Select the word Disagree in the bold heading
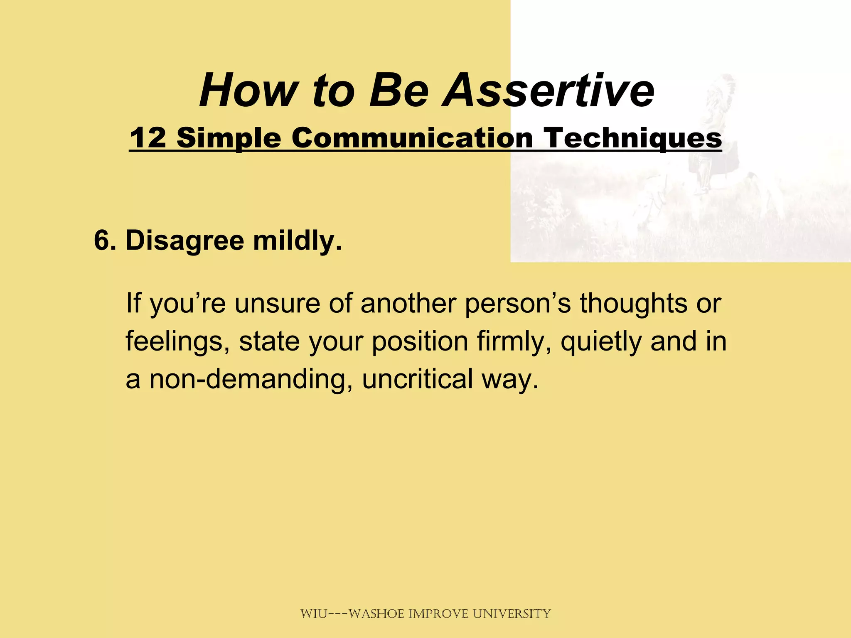[x=184, y=241]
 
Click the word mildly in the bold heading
[x=297, y=241]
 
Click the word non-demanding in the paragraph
[x=247, y=379]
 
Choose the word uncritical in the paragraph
[x=417, y=379]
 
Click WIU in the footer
[x=314, y=613]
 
